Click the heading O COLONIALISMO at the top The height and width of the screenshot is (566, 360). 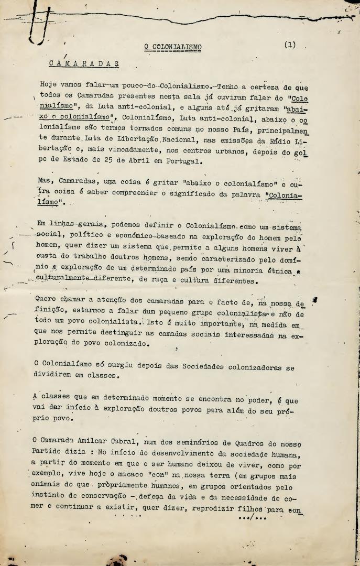[x=173, y=47]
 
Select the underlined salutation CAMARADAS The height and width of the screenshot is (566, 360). [x=84, y=63]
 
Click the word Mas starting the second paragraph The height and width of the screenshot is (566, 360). [x=47, y=181]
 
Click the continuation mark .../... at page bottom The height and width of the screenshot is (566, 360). [x=253, y=518]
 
